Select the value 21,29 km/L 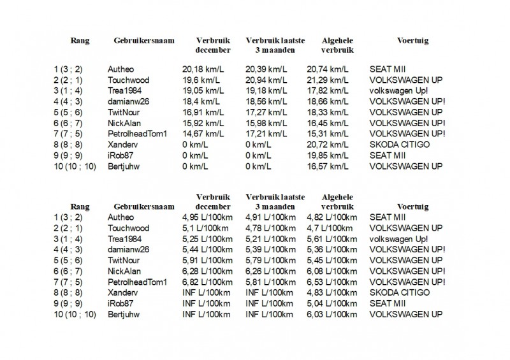328,80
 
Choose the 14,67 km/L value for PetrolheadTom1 201,134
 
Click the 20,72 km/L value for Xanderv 328,145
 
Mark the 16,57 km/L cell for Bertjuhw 328,166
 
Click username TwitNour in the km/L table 126,112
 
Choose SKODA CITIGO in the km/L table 400,145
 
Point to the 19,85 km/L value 328,155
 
